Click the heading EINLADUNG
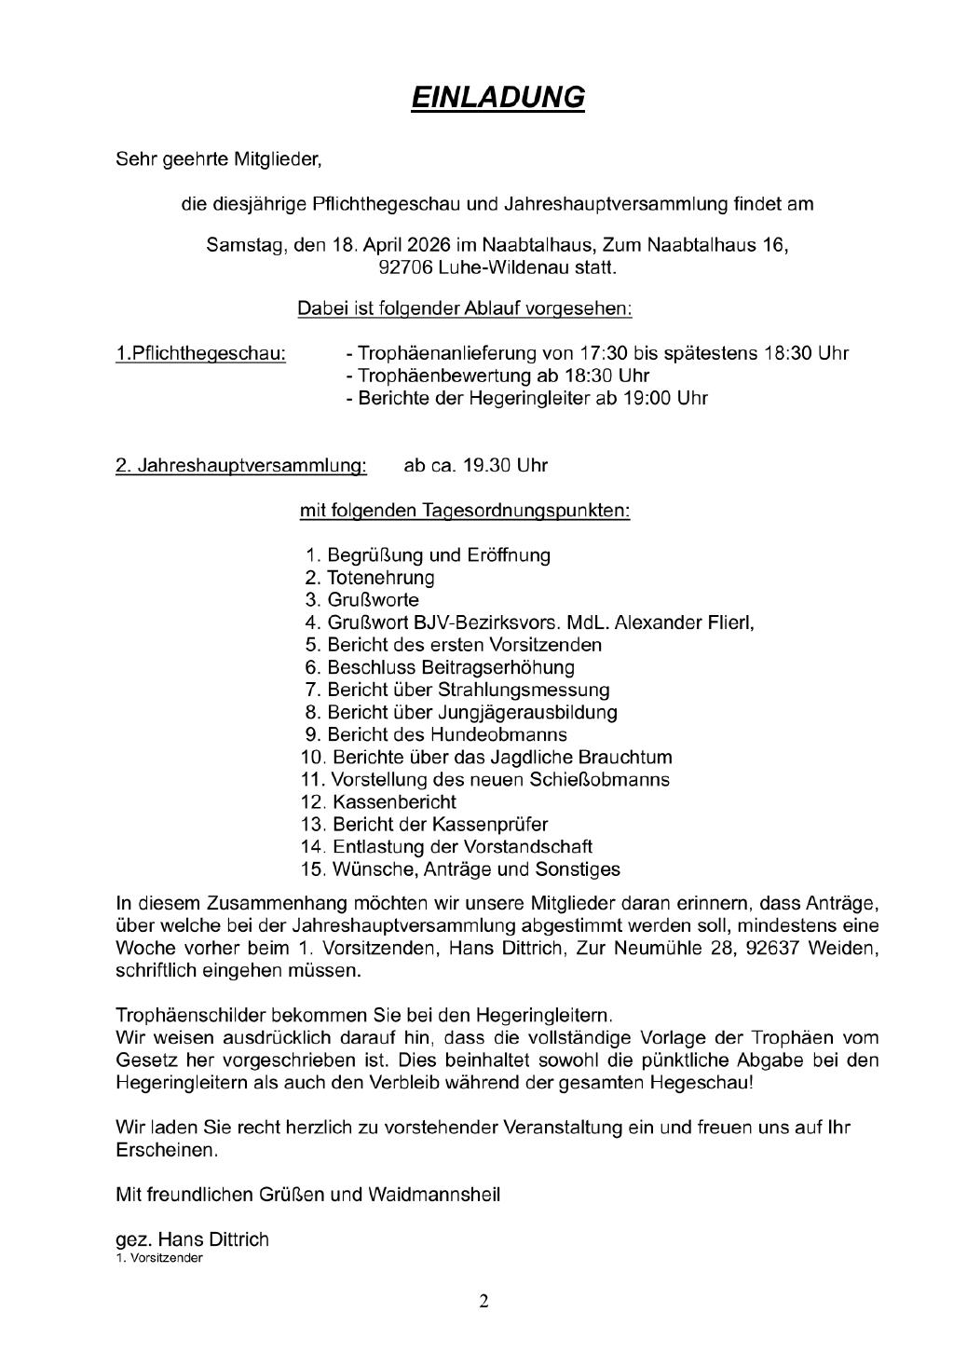point(497,98)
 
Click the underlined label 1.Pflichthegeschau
point(200,354)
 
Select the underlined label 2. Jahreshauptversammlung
point(240,465)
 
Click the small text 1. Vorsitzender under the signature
point(158,1258)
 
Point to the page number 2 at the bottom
point(483,1301)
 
